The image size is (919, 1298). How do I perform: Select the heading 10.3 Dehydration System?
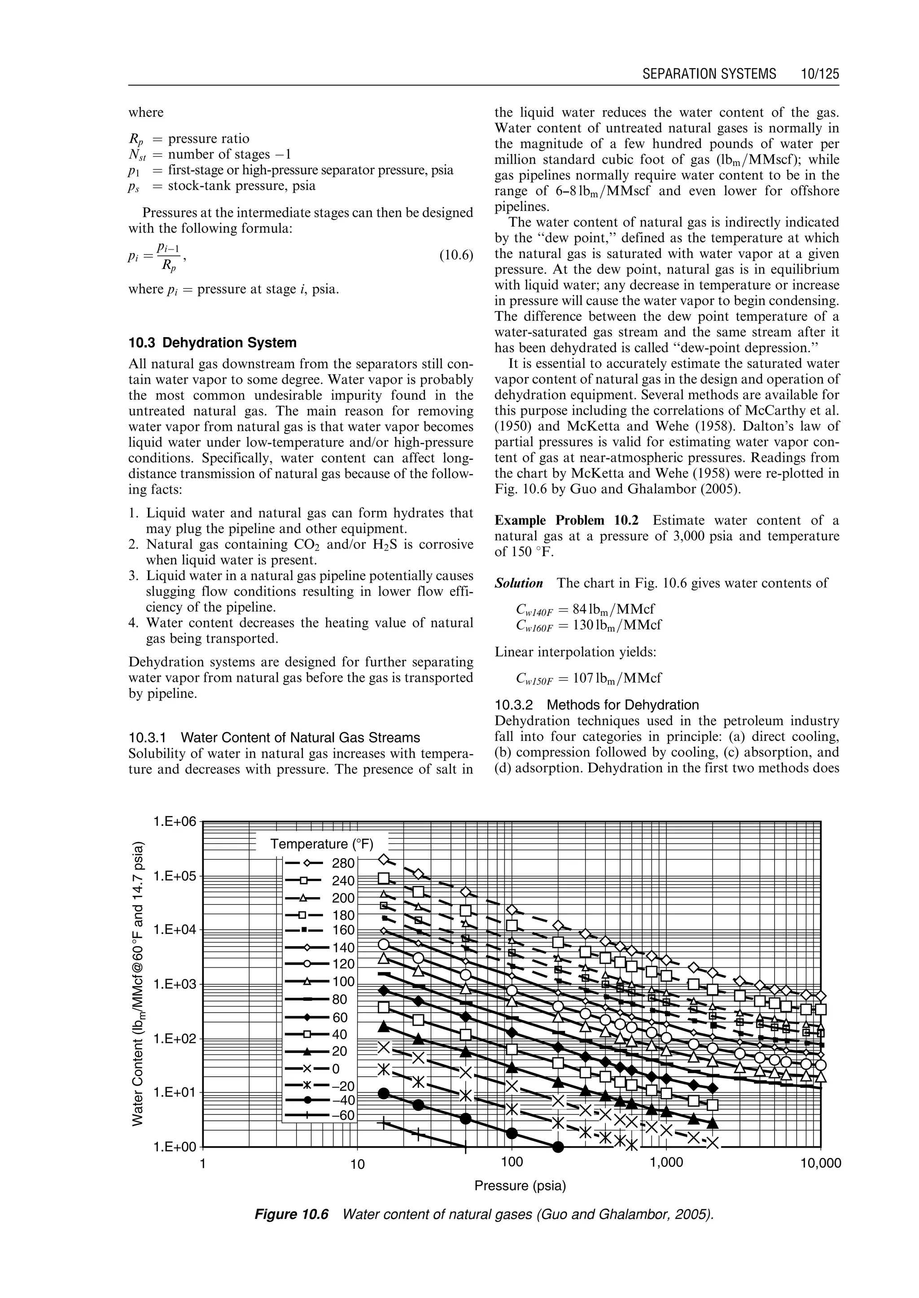(212, 342)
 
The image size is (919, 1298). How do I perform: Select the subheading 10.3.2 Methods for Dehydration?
(596, 705)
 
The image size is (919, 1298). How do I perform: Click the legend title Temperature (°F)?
(322, 844)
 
